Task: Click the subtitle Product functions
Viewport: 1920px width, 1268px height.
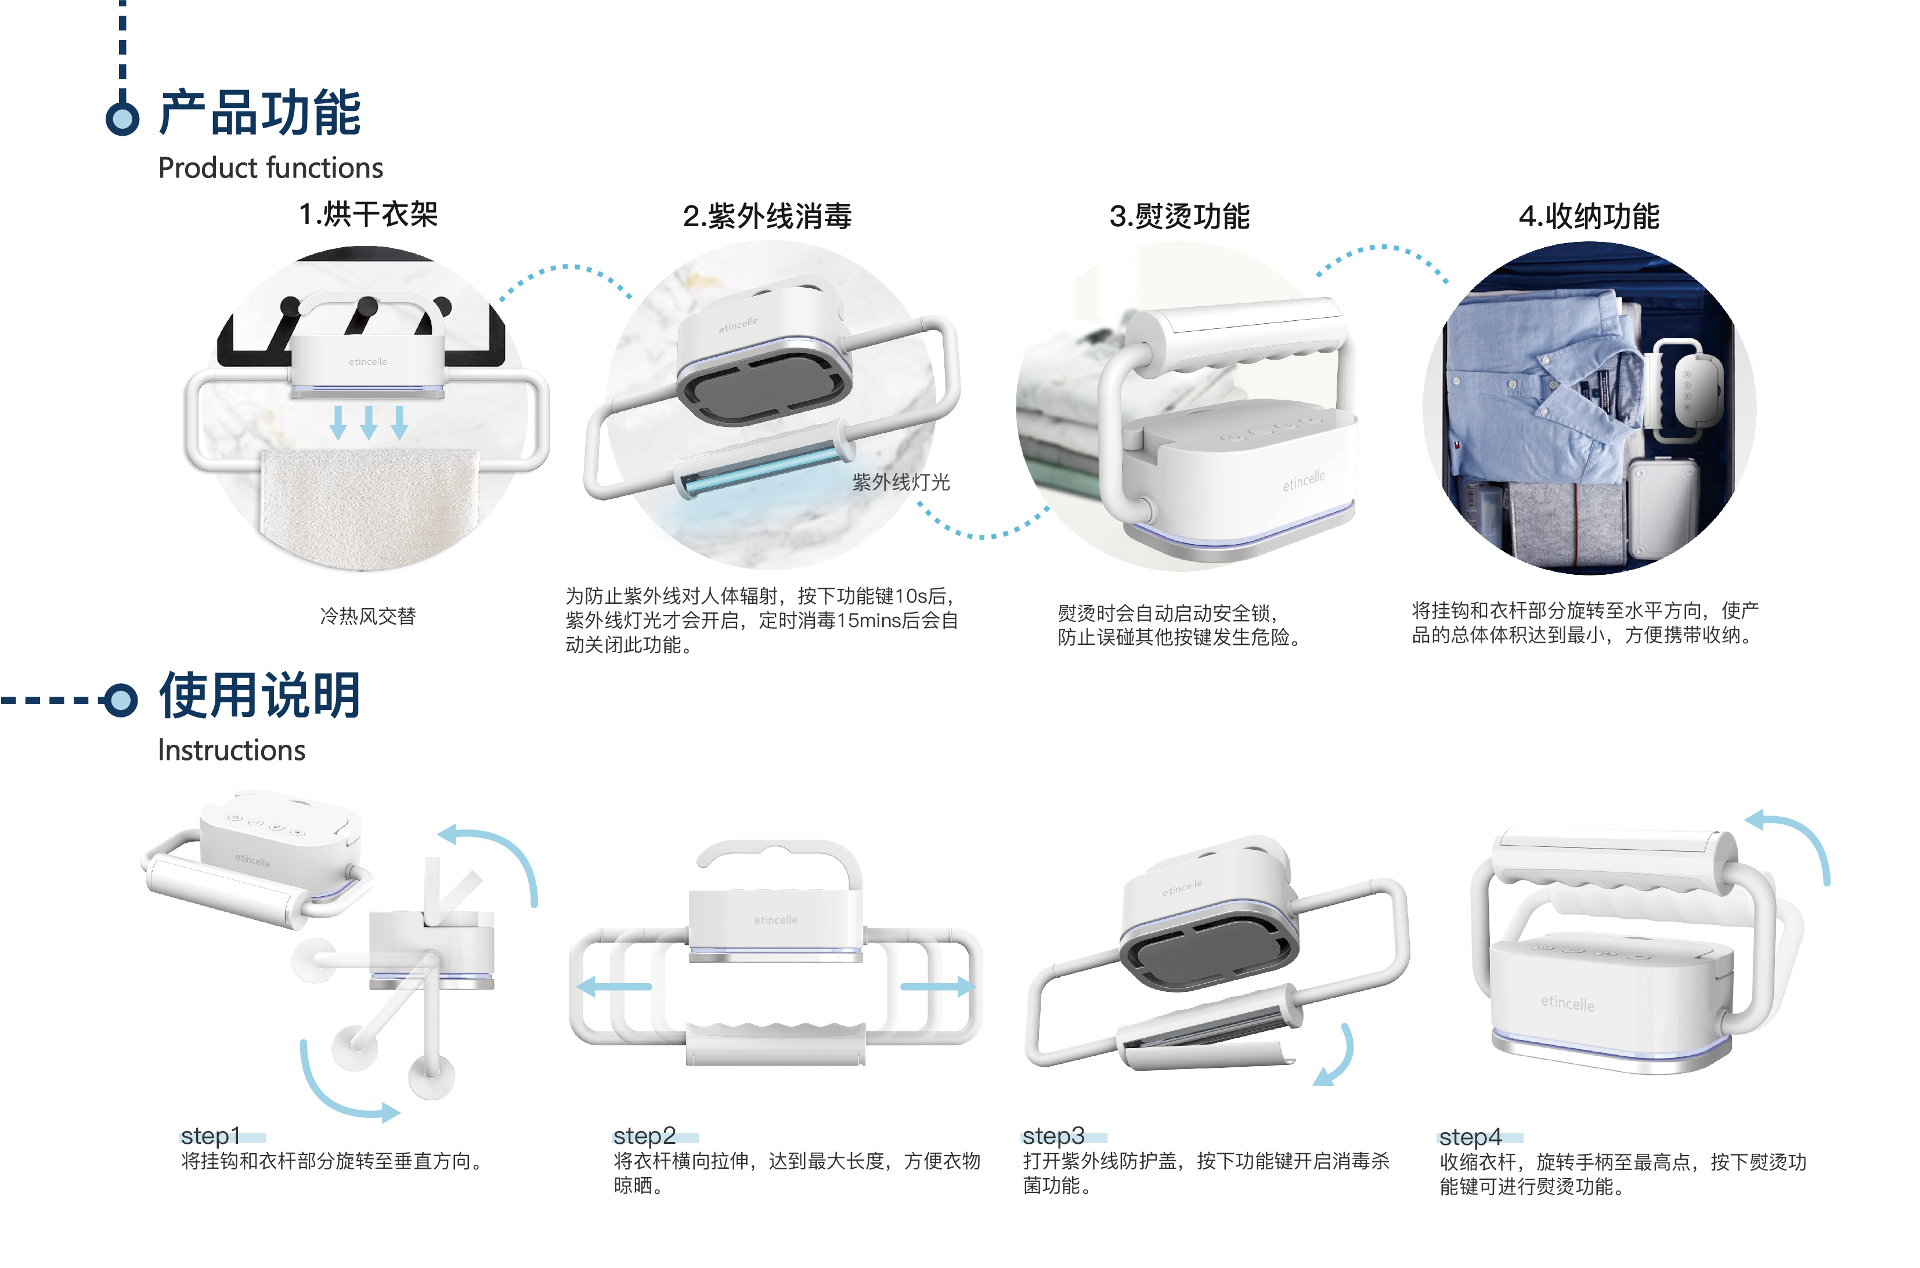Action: (270, 168)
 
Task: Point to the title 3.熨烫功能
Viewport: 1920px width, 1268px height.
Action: (1179, 216)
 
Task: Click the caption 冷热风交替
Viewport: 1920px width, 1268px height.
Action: (368, 616)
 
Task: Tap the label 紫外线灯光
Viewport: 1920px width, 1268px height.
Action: (901, 482)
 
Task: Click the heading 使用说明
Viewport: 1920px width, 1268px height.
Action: (259, 695)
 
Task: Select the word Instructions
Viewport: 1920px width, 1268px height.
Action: (232, 751)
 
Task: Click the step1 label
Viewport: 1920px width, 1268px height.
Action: (210, 1135)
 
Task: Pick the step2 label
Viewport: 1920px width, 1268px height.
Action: (644, 1135)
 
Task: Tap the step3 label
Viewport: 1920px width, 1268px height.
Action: (1053, 1135)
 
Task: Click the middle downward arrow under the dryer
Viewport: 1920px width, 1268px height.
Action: (369, 422)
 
